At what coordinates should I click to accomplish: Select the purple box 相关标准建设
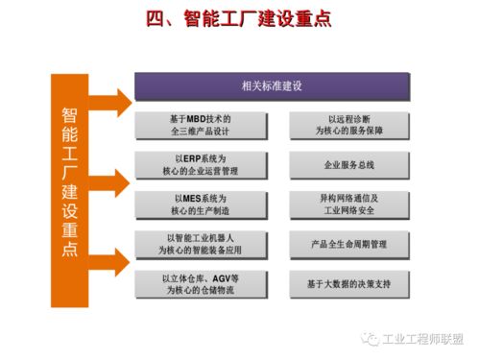[x=272, y=86]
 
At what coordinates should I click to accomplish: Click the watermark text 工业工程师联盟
[x=422, y=339]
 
